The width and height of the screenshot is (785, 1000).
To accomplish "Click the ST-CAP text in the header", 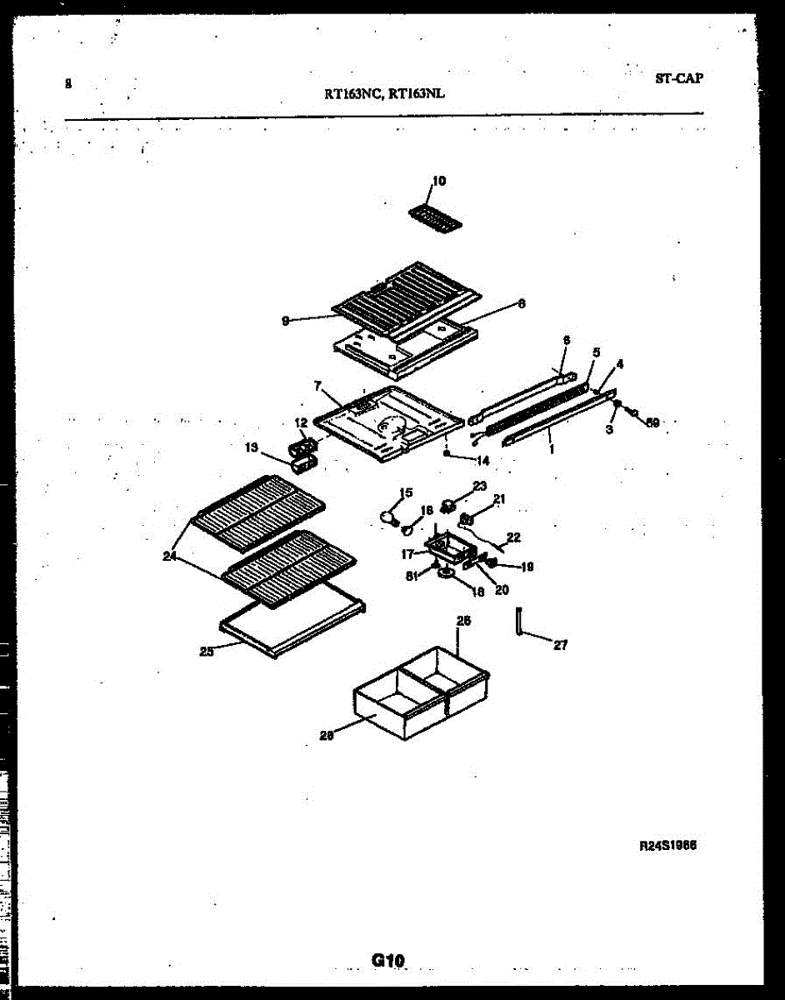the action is tap(679, 79).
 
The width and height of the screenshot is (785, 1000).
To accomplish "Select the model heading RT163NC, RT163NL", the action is tap(384, 94).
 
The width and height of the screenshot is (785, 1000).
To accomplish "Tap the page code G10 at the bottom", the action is tap(388, 961).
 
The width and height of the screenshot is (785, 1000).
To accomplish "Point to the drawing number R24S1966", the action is tap(667, 845).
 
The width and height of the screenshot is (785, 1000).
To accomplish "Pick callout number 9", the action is tap(286, 320).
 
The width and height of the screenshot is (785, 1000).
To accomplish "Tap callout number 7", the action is tap(317, 386).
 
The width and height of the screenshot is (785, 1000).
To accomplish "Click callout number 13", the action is tap(251, 447).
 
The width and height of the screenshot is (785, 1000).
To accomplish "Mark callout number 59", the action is tap(653, 422).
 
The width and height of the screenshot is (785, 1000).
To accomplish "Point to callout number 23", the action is tap(480, 486).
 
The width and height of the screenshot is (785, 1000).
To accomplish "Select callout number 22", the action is tap(513, 538).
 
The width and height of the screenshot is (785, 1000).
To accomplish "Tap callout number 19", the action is tap(527, 567).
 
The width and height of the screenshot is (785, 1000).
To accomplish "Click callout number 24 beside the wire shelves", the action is tap(170, 557).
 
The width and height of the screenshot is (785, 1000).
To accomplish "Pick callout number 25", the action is tap(207, 652).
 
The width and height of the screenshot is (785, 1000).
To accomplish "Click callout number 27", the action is tap(560, 645).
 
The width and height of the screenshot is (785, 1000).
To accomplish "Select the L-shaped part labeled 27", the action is tap(519, 624).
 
